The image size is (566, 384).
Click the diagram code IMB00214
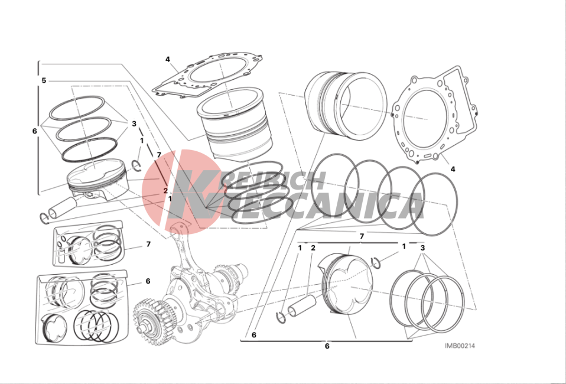460,346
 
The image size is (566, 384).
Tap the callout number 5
44,80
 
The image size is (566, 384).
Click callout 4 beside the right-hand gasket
453,169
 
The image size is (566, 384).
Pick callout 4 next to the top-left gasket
167,59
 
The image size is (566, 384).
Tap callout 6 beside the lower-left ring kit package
148,281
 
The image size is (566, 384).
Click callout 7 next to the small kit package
148,245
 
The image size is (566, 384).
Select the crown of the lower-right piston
352,282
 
